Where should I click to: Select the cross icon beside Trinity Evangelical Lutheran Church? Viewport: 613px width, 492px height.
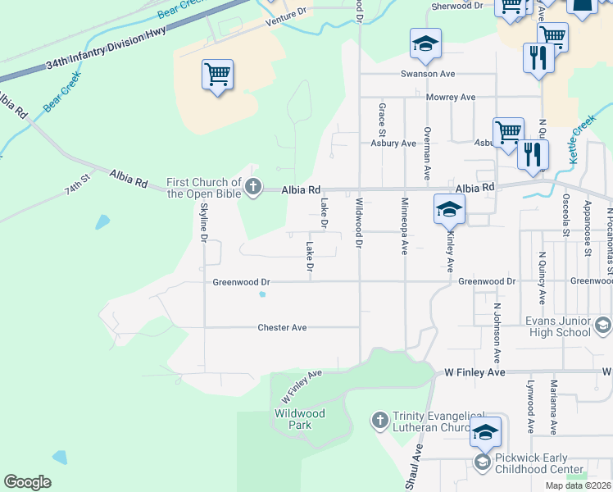[379, 421]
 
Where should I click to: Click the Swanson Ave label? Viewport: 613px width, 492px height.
[427, 74]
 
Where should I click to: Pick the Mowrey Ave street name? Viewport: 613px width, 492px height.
[451, 98]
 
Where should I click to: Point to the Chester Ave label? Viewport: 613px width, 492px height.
[282, 327]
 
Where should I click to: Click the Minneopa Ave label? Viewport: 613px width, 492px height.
[404, 225]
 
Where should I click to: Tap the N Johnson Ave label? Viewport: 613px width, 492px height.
[497, 334]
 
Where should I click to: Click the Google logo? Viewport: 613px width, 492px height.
[27, 481]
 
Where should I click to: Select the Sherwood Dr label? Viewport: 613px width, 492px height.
[456, 5]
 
